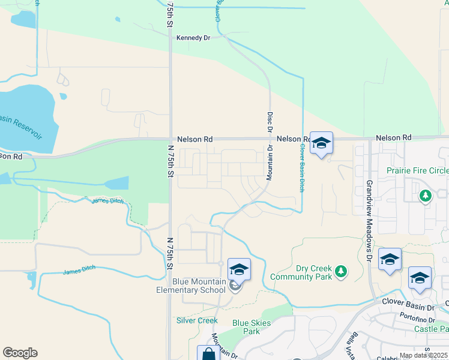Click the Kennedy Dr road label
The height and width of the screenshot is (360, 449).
[x=193, y=38]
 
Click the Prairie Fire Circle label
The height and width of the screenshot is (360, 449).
[x=417, y=170]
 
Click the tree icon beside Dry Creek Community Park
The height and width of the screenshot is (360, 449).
[x=341, y=272]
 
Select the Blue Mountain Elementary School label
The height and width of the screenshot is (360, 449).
[x=199, y=286]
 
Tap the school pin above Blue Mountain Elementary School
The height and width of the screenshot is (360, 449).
[x=239, y=269]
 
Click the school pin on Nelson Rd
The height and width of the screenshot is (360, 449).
[x=321, y=143]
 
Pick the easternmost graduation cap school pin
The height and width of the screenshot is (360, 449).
[x=420, y=278]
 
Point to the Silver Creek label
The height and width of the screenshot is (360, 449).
[x=196, y=320]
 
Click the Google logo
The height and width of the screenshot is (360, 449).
[x=20, y=353]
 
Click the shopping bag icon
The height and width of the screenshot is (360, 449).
[x=208, y=354]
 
